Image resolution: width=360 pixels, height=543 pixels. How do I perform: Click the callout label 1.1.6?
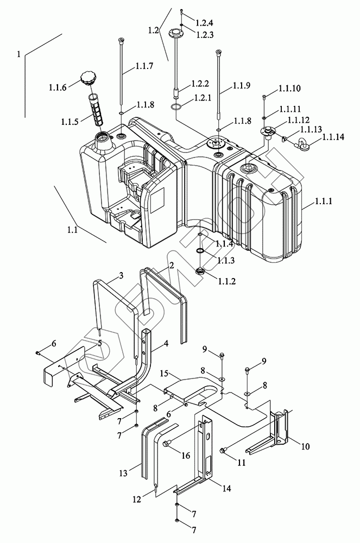58,87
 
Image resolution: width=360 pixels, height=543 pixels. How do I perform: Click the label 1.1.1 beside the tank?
323,201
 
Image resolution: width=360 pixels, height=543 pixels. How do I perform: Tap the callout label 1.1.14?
333,137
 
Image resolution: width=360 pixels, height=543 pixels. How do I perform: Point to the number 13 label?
124,473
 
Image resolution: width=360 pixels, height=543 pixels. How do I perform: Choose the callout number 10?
305,446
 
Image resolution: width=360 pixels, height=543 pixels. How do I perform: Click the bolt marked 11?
223,450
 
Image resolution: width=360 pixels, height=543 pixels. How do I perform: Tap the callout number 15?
164,374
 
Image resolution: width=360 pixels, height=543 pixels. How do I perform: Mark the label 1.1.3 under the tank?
226,261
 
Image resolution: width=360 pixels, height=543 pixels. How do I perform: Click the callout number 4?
166,344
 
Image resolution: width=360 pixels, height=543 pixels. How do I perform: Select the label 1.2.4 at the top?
204,23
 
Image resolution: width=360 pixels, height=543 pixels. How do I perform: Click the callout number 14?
226,489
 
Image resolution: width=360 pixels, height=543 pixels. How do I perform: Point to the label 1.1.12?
299,120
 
